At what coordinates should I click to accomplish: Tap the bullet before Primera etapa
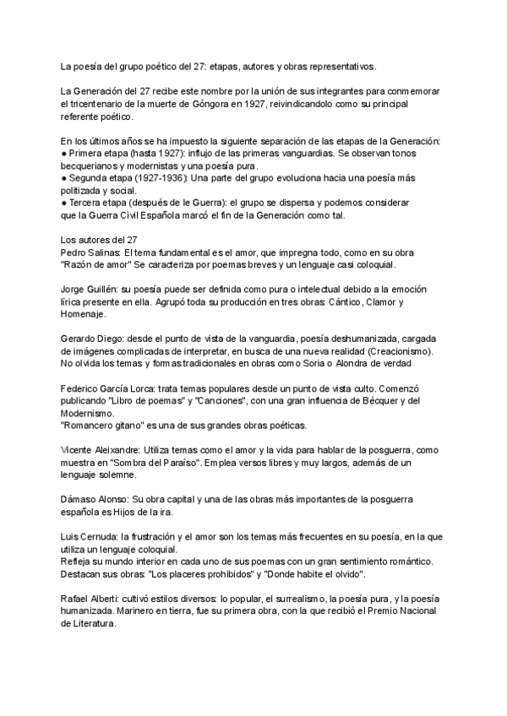64,153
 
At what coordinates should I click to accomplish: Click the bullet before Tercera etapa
64,203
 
